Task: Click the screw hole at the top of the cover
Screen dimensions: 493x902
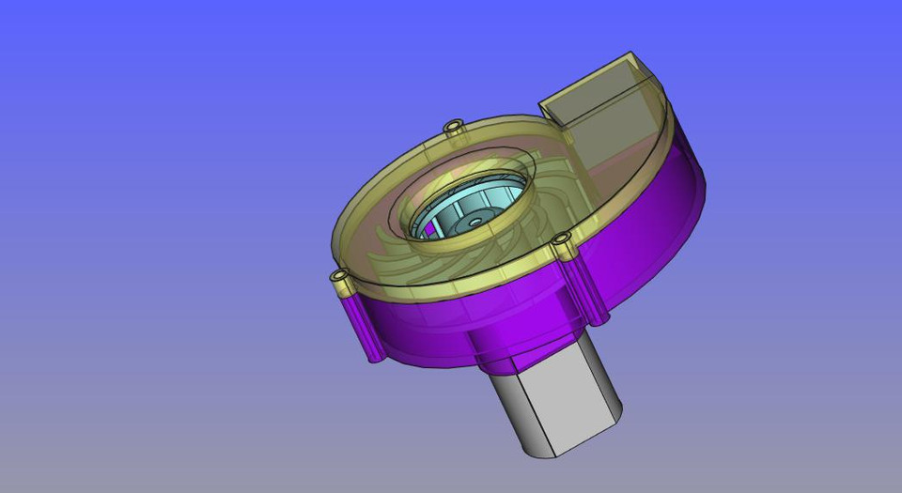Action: click(x=454, y=125)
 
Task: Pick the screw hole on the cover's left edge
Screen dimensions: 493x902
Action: click(x=339, y=277)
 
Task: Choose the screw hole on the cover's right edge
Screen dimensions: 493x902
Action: click(x=562, y=240)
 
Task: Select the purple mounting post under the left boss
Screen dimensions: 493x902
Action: click(x=362, y=324)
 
